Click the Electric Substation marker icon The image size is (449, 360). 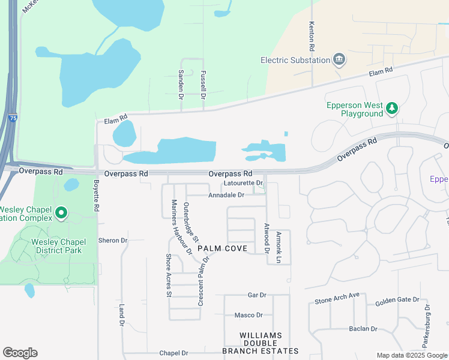point(340,60)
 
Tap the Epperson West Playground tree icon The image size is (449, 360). point(392,109)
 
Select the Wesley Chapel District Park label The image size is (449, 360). point(50,246)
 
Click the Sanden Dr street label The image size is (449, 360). point(181,83)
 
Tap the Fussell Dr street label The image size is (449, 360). point(203,83)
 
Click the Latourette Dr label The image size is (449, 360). point(243,183)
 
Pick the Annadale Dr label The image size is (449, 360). point(226,195)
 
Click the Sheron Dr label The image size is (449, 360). point(113,241)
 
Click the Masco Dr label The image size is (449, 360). point(249,315)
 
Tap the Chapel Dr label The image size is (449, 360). point(173,353)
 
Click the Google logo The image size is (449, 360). point(20,353)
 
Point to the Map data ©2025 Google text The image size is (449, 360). point(411,355)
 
